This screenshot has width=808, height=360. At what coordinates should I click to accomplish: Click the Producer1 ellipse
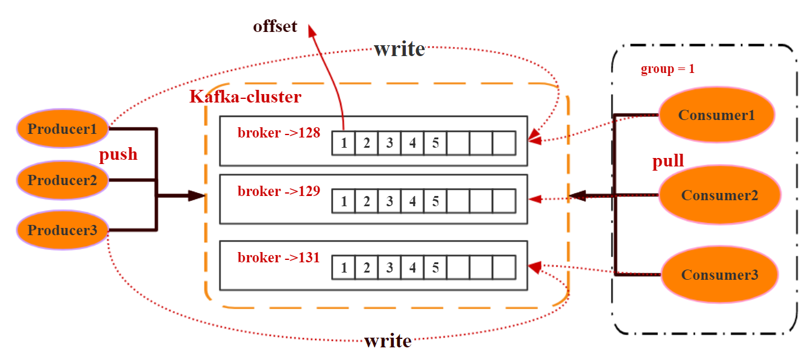(x=62, y=128)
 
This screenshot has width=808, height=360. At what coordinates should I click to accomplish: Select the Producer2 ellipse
(x=62, y=180)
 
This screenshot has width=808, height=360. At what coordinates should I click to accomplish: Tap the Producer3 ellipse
(x=62, y=230)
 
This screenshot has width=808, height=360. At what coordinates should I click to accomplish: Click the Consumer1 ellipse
(x=716, y=115)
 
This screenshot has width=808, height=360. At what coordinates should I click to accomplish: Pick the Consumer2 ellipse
(x=719, y=195)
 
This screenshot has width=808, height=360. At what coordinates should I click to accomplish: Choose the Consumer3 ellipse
(x=719, y=274)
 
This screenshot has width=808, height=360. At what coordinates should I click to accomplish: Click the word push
(x=118, y=154)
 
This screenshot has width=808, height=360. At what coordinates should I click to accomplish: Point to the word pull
(x=668, y=161)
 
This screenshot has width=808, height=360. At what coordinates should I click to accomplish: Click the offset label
(x=275, y=27)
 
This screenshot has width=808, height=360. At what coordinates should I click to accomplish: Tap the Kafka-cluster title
(x=245, y=96)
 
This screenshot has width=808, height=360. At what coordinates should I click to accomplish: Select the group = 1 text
(x=668, y=69)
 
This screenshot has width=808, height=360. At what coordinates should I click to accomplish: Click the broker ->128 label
(x=279, y=133)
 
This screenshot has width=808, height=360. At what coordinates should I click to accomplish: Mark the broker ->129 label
(x=279, y=191)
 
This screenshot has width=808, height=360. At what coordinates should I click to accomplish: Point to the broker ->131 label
(x=279, y=257)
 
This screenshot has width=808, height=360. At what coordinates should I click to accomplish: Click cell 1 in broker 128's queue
(x=344, y=144)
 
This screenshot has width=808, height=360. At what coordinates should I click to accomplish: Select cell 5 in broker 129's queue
(x=435, y=201)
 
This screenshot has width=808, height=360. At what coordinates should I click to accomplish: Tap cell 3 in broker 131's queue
(x=390, y=268)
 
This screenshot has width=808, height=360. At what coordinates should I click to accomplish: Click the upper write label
(x=399, y=49)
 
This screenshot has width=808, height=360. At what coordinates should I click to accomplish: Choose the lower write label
(x=388, y=341)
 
